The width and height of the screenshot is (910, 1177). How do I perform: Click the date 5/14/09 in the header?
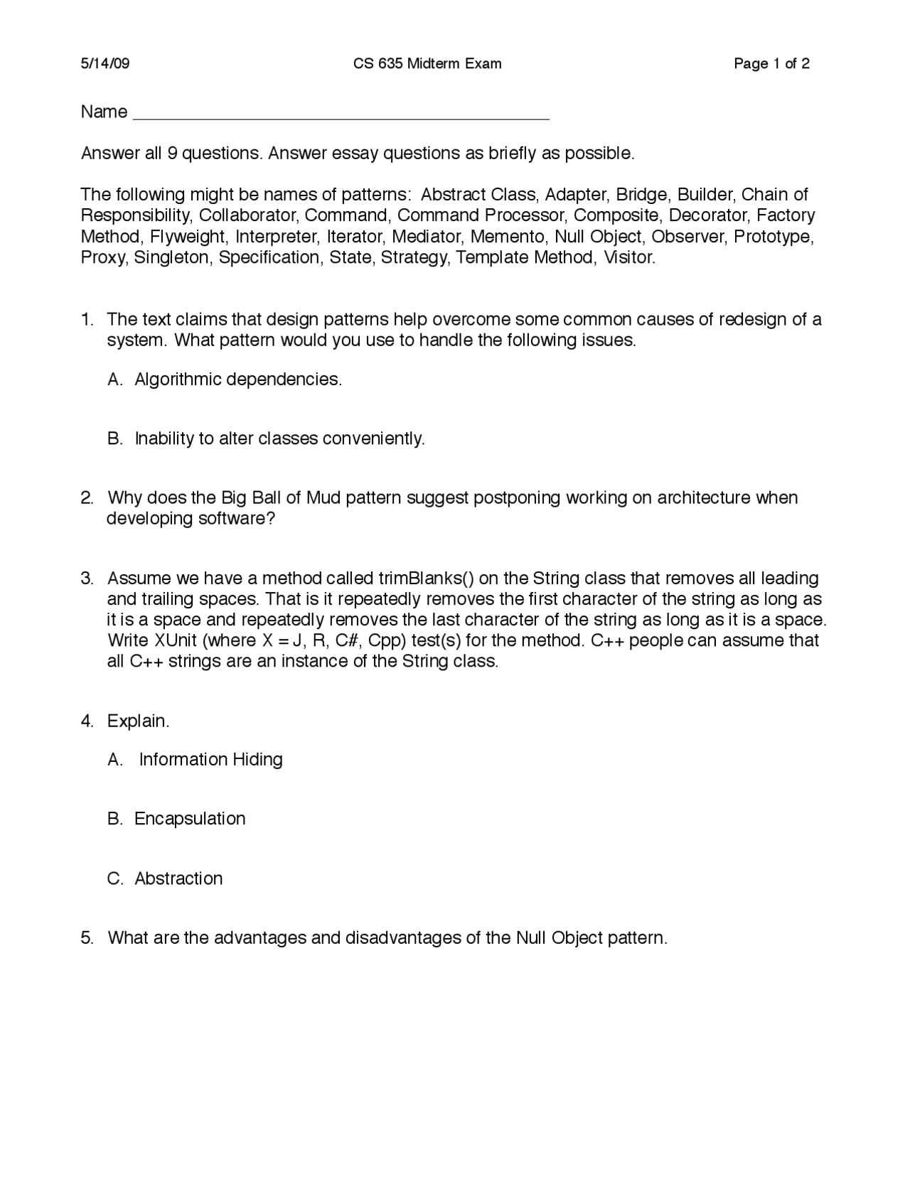click(105, 64)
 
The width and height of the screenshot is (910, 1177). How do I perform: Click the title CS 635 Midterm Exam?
click(427, 64)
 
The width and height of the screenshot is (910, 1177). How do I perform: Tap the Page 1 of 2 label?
click(771, 64)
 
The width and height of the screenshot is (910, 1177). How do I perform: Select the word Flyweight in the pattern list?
click(188, 237)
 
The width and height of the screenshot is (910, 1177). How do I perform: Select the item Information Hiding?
click(210, 760)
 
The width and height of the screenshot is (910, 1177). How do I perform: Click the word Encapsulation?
click(190, 819)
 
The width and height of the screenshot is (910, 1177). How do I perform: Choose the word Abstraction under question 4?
click(178, 878)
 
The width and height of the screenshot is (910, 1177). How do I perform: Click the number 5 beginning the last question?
click(86, 938)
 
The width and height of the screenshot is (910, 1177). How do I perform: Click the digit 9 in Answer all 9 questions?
click(172, 154)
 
